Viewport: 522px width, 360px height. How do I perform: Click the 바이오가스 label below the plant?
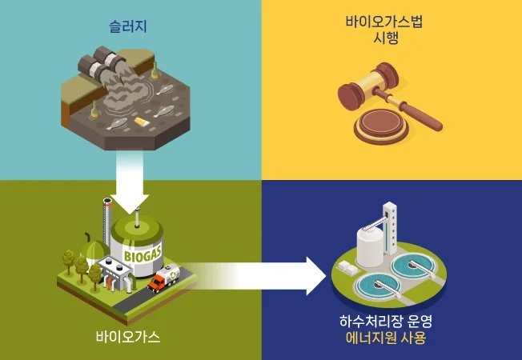129,336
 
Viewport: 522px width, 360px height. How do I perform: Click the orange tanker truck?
166,279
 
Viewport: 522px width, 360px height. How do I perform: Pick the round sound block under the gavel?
380,124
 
